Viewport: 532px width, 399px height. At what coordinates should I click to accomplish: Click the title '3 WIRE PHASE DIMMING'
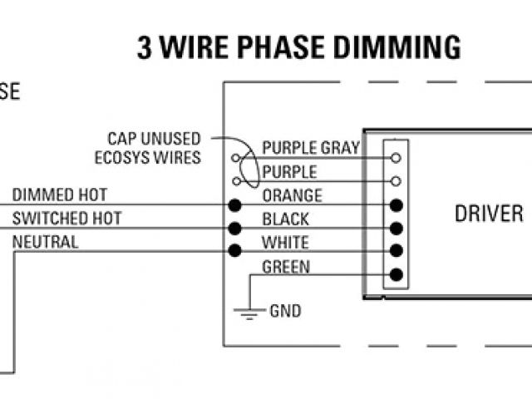[x=298, y=47]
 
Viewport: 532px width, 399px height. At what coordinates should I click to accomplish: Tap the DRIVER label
[x=488, y=213]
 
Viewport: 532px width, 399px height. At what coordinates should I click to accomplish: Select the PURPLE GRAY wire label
[x=310, y=148]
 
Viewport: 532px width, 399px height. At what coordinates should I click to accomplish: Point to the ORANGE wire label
[x=292, y=196]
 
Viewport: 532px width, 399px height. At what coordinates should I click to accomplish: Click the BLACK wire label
[x=285, y=219]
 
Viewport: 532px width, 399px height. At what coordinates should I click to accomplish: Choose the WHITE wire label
[x=285, y=244]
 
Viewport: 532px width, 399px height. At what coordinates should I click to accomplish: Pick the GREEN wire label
[x=286, y=267]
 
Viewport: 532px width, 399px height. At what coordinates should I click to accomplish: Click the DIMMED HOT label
[x=59, y=195]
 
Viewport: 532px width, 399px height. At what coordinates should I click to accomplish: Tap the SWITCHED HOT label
[x=66, y=219]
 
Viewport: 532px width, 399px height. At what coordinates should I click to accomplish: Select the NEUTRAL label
[x=46, y=243]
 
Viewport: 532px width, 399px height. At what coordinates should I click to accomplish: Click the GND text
[x=285, y=312]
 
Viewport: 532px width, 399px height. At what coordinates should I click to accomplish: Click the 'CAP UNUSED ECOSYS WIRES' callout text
[x=155, y=147]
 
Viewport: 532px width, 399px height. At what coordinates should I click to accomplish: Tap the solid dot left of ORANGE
[x=235, y=204]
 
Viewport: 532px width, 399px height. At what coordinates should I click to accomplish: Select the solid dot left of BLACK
[x=235, y=228]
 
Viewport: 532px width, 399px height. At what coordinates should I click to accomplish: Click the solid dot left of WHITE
[x=235, y=251]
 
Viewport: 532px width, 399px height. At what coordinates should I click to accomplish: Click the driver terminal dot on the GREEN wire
[x=396, y=274]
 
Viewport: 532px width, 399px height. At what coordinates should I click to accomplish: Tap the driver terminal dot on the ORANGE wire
[x=396, y=204]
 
